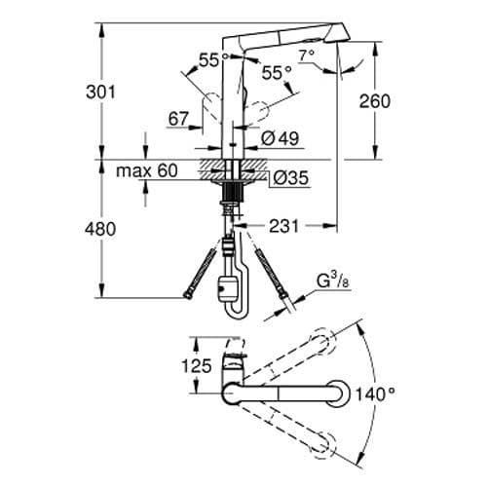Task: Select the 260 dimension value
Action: tap(401, 101)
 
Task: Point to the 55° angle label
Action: tap(277, 72)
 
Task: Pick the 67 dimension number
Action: tap(178, 118)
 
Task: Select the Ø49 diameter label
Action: tap(282, 138)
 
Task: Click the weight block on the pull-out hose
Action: tap(229, 289)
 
